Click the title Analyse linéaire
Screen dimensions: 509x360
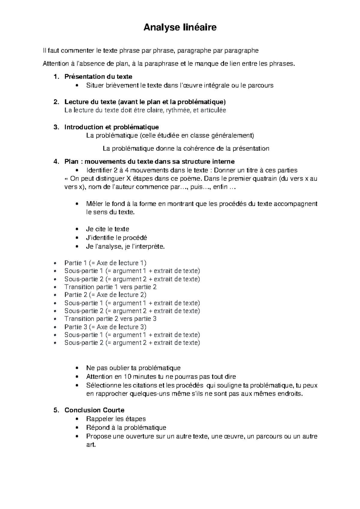180,28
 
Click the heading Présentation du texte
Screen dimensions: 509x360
98,77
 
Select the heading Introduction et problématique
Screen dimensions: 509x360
112,127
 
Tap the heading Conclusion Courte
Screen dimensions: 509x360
94,410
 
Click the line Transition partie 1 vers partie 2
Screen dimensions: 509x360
110,287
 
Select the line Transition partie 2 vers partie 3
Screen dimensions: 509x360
110,319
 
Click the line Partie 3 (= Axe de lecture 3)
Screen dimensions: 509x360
105,327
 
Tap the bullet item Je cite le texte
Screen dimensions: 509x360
107,229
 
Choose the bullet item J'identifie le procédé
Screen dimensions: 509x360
116,238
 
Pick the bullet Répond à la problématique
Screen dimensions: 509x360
126,427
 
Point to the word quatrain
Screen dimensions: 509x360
265,179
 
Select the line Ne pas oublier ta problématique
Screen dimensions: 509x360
133,368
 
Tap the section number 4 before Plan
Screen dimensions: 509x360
55,162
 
